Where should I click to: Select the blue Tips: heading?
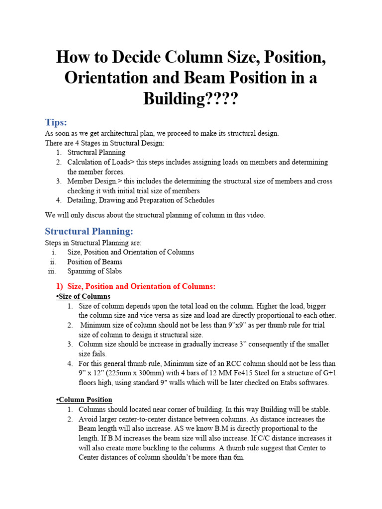click(56, 122)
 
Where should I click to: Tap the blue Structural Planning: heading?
click(89, 231)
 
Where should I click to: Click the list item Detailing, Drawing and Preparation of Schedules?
click(141, 200)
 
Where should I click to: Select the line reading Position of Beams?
click(95, 262)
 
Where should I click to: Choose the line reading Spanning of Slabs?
click(95, 271)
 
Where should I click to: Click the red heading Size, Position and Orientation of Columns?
click(141, 286)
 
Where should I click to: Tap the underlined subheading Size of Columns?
click(84, 296)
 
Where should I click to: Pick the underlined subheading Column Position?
click(85, 400)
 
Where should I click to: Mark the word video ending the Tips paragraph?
click(255, 215)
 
